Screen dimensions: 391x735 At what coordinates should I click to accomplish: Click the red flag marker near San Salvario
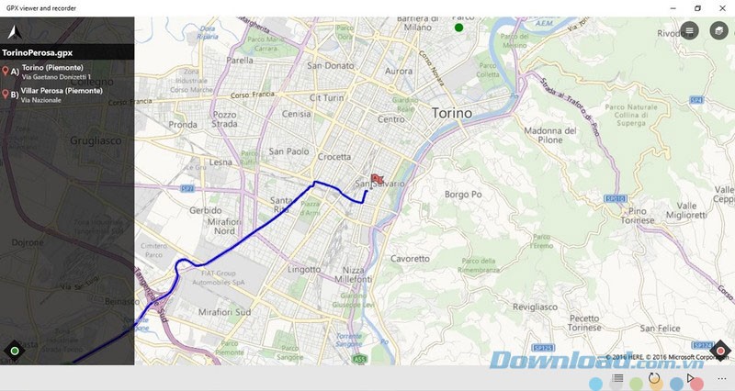click(x=376, y=180)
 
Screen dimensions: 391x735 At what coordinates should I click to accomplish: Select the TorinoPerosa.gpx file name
click(x=39, y=53)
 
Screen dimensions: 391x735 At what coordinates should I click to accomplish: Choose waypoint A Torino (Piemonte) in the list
click(x=52, y=68)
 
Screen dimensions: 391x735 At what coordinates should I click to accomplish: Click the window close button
click(x=722, y=8)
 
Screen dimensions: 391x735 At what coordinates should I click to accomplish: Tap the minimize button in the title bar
click(x=673, y=8)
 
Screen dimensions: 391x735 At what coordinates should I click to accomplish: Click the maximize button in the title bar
click(x=697, y=8)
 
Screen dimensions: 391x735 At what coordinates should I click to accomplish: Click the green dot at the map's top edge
click(x=458, y=28)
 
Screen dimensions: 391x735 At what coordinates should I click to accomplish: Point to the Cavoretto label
click(x=410, y=260)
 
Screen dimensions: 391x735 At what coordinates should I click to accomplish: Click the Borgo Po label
click(x=463, y=195)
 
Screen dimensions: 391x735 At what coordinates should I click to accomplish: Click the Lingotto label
click(x=304, y=270)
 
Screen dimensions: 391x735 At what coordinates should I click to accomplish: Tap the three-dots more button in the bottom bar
click(x=721, y=378)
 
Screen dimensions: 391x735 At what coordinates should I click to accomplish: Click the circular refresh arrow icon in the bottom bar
click(x=654, y=378)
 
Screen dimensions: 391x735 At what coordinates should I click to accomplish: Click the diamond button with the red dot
click(x=720, y=350)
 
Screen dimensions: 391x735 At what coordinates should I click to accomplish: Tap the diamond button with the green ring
click(x=14, y=350)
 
